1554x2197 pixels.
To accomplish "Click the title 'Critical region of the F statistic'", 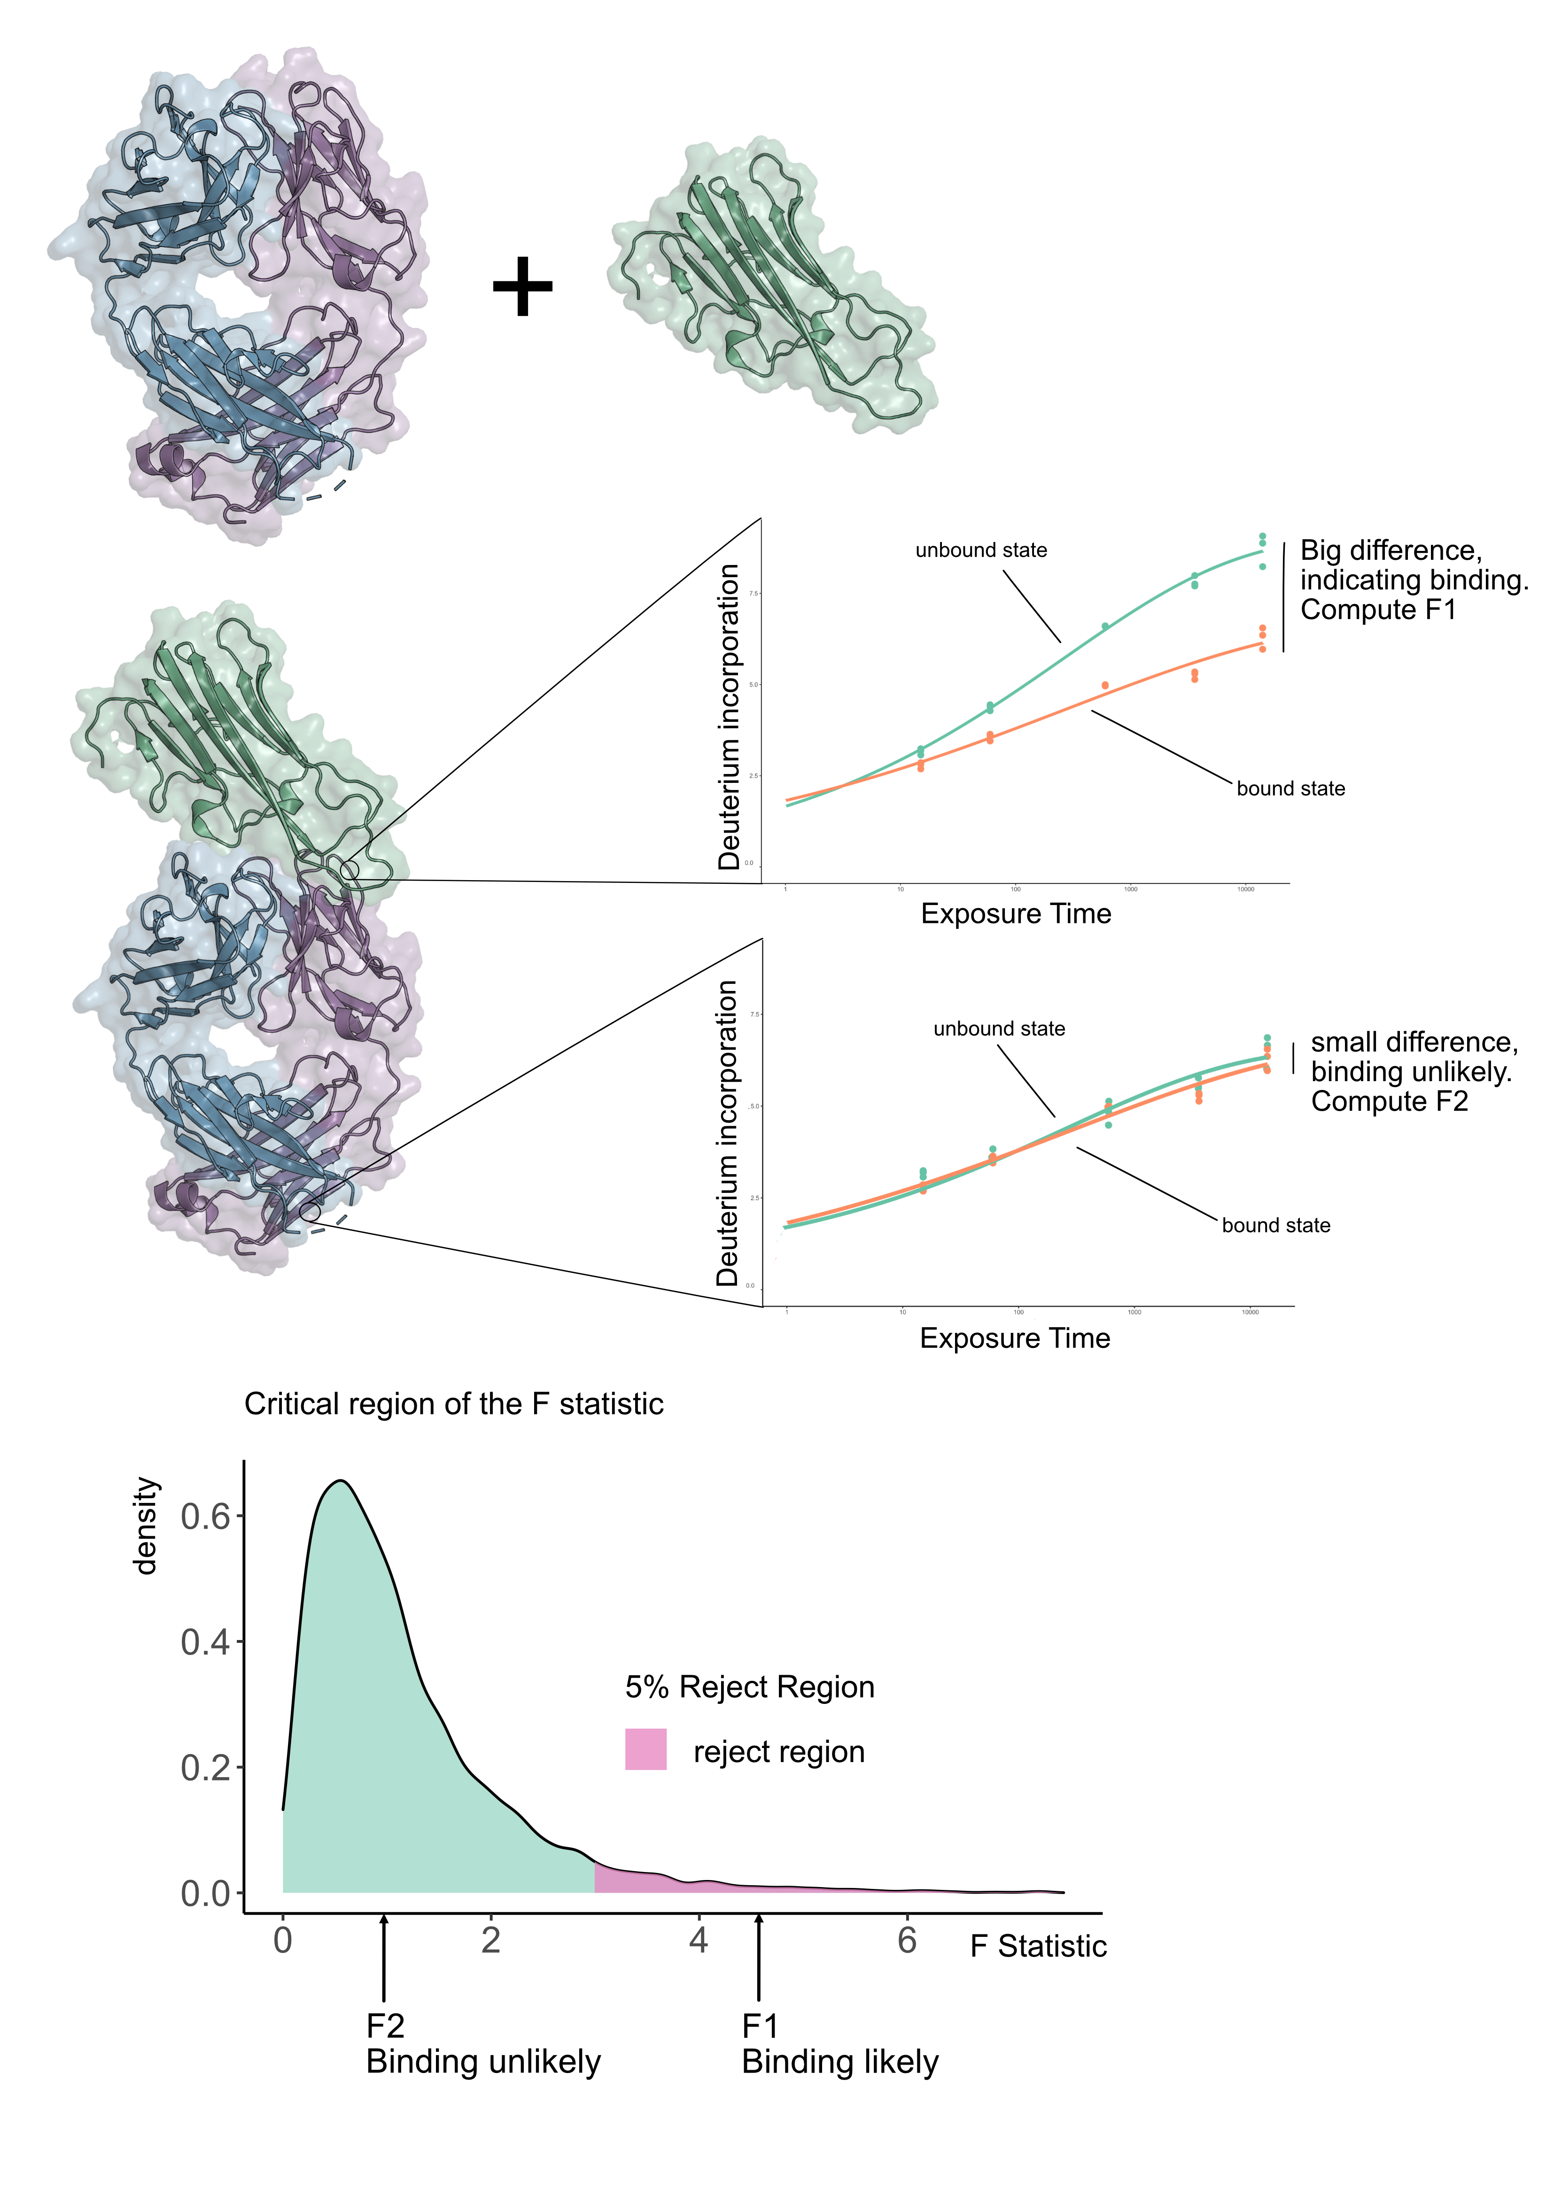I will pos(454,1404).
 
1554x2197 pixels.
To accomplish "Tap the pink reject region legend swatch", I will pos(646,1749).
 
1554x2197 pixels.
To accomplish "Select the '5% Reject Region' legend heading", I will pos(749,1687).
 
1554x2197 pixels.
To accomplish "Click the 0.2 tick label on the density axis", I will pos(206,1767).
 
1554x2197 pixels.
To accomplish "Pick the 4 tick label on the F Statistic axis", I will pos(699,1941).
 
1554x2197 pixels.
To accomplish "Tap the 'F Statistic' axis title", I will pos(1038,1946).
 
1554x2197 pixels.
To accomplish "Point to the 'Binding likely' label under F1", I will pos(840,2062).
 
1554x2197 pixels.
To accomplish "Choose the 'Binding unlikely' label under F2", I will pos(483,2062).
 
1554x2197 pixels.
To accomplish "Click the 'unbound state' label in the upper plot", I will pos(981,550).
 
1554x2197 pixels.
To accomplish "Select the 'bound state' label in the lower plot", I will pos(1275,1226).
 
